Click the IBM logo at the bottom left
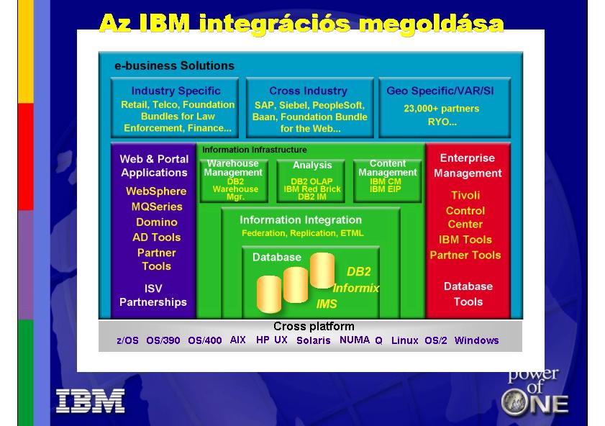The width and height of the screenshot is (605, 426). (91, 401)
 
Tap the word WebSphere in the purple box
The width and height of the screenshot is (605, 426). (156, 191)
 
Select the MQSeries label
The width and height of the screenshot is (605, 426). (157, 207)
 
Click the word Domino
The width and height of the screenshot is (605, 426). (157, 222)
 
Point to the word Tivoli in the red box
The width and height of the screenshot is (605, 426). (465, 195)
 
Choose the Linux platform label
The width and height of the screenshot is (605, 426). (404, 340)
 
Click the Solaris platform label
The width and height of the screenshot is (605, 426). (314, 340)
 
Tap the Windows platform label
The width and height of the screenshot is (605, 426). (476, 340)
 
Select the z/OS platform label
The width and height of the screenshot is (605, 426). (127, 340)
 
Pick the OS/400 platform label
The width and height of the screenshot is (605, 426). (205, 340)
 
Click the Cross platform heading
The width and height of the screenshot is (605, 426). (314, 327)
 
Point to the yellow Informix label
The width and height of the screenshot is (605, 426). (356, 289)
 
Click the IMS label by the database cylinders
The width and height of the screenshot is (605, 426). (327, 304)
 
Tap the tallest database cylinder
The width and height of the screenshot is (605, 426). (322, 270)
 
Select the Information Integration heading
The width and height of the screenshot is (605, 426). (301, 220)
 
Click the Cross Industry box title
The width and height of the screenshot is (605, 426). (309, 91)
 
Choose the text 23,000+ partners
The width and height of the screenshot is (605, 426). (442, 109)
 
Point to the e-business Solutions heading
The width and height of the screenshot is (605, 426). (174, 65)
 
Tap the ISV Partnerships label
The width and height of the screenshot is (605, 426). (153, 295)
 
